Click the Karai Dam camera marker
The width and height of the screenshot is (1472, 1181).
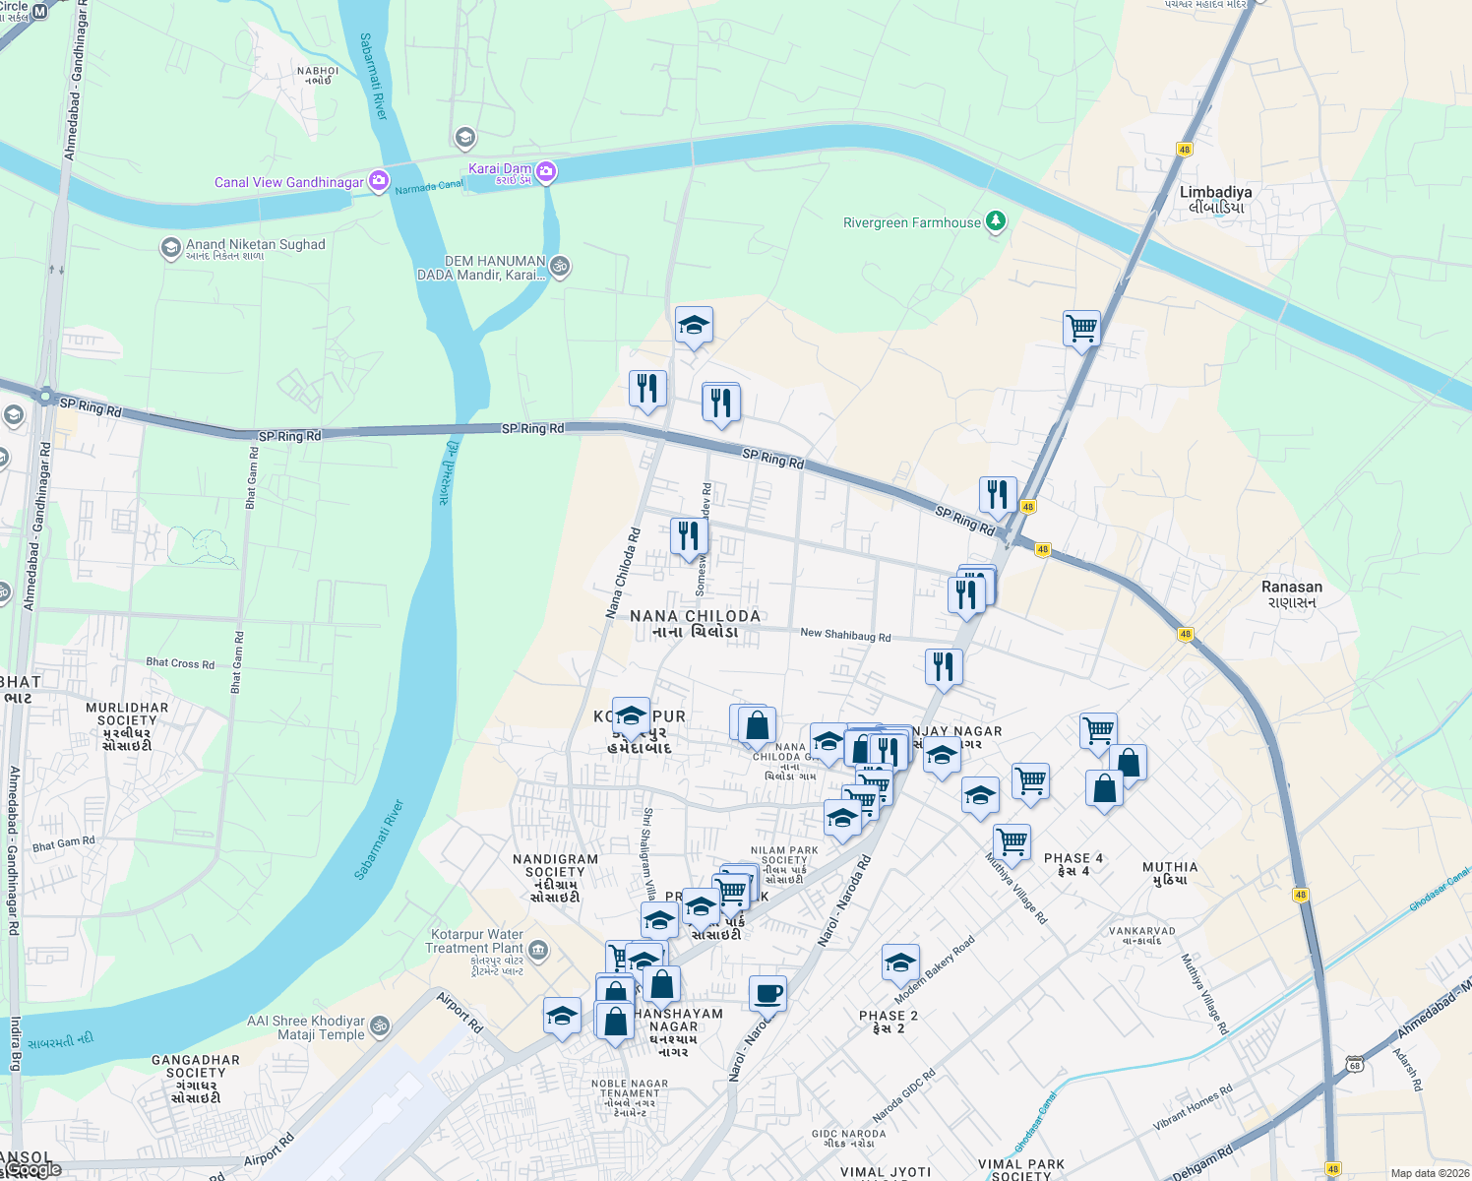546,172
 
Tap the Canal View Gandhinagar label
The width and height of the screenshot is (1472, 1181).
289,182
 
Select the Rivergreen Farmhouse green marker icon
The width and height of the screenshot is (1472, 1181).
996,221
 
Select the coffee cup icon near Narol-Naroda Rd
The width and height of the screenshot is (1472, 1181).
767,994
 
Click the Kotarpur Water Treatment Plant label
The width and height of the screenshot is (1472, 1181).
476,942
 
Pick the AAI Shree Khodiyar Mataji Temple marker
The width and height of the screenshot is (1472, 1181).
380,1026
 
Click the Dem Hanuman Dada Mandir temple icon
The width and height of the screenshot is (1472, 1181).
560,266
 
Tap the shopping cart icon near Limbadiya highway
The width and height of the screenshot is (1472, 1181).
1081,328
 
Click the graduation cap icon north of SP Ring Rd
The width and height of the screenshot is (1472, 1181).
694,325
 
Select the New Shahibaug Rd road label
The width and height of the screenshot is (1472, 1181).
845,636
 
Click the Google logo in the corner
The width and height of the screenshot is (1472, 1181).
32,1169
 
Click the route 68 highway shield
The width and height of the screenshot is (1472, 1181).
1355,1065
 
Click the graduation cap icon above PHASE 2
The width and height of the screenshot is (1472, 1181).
900,963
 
